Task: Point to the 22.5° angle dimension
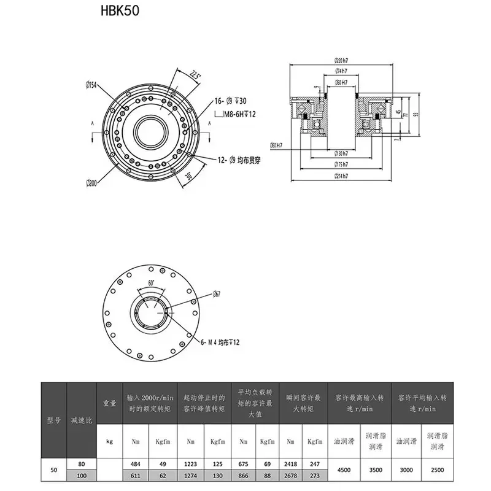pos(196,75)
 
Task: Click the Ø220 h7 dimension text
pos(341,60)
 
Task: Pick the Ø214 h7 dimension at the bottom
pos(341,176)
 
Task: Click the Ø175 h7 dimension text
pos(341,164)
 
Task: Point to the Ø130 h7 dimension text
pos(341,152)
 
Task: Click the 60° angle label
pos(151,284)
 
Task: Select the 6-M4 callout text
pos(218,341)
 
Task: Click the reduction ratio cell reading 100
pos(82,476)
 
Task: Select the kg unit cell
pos(110,441)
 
